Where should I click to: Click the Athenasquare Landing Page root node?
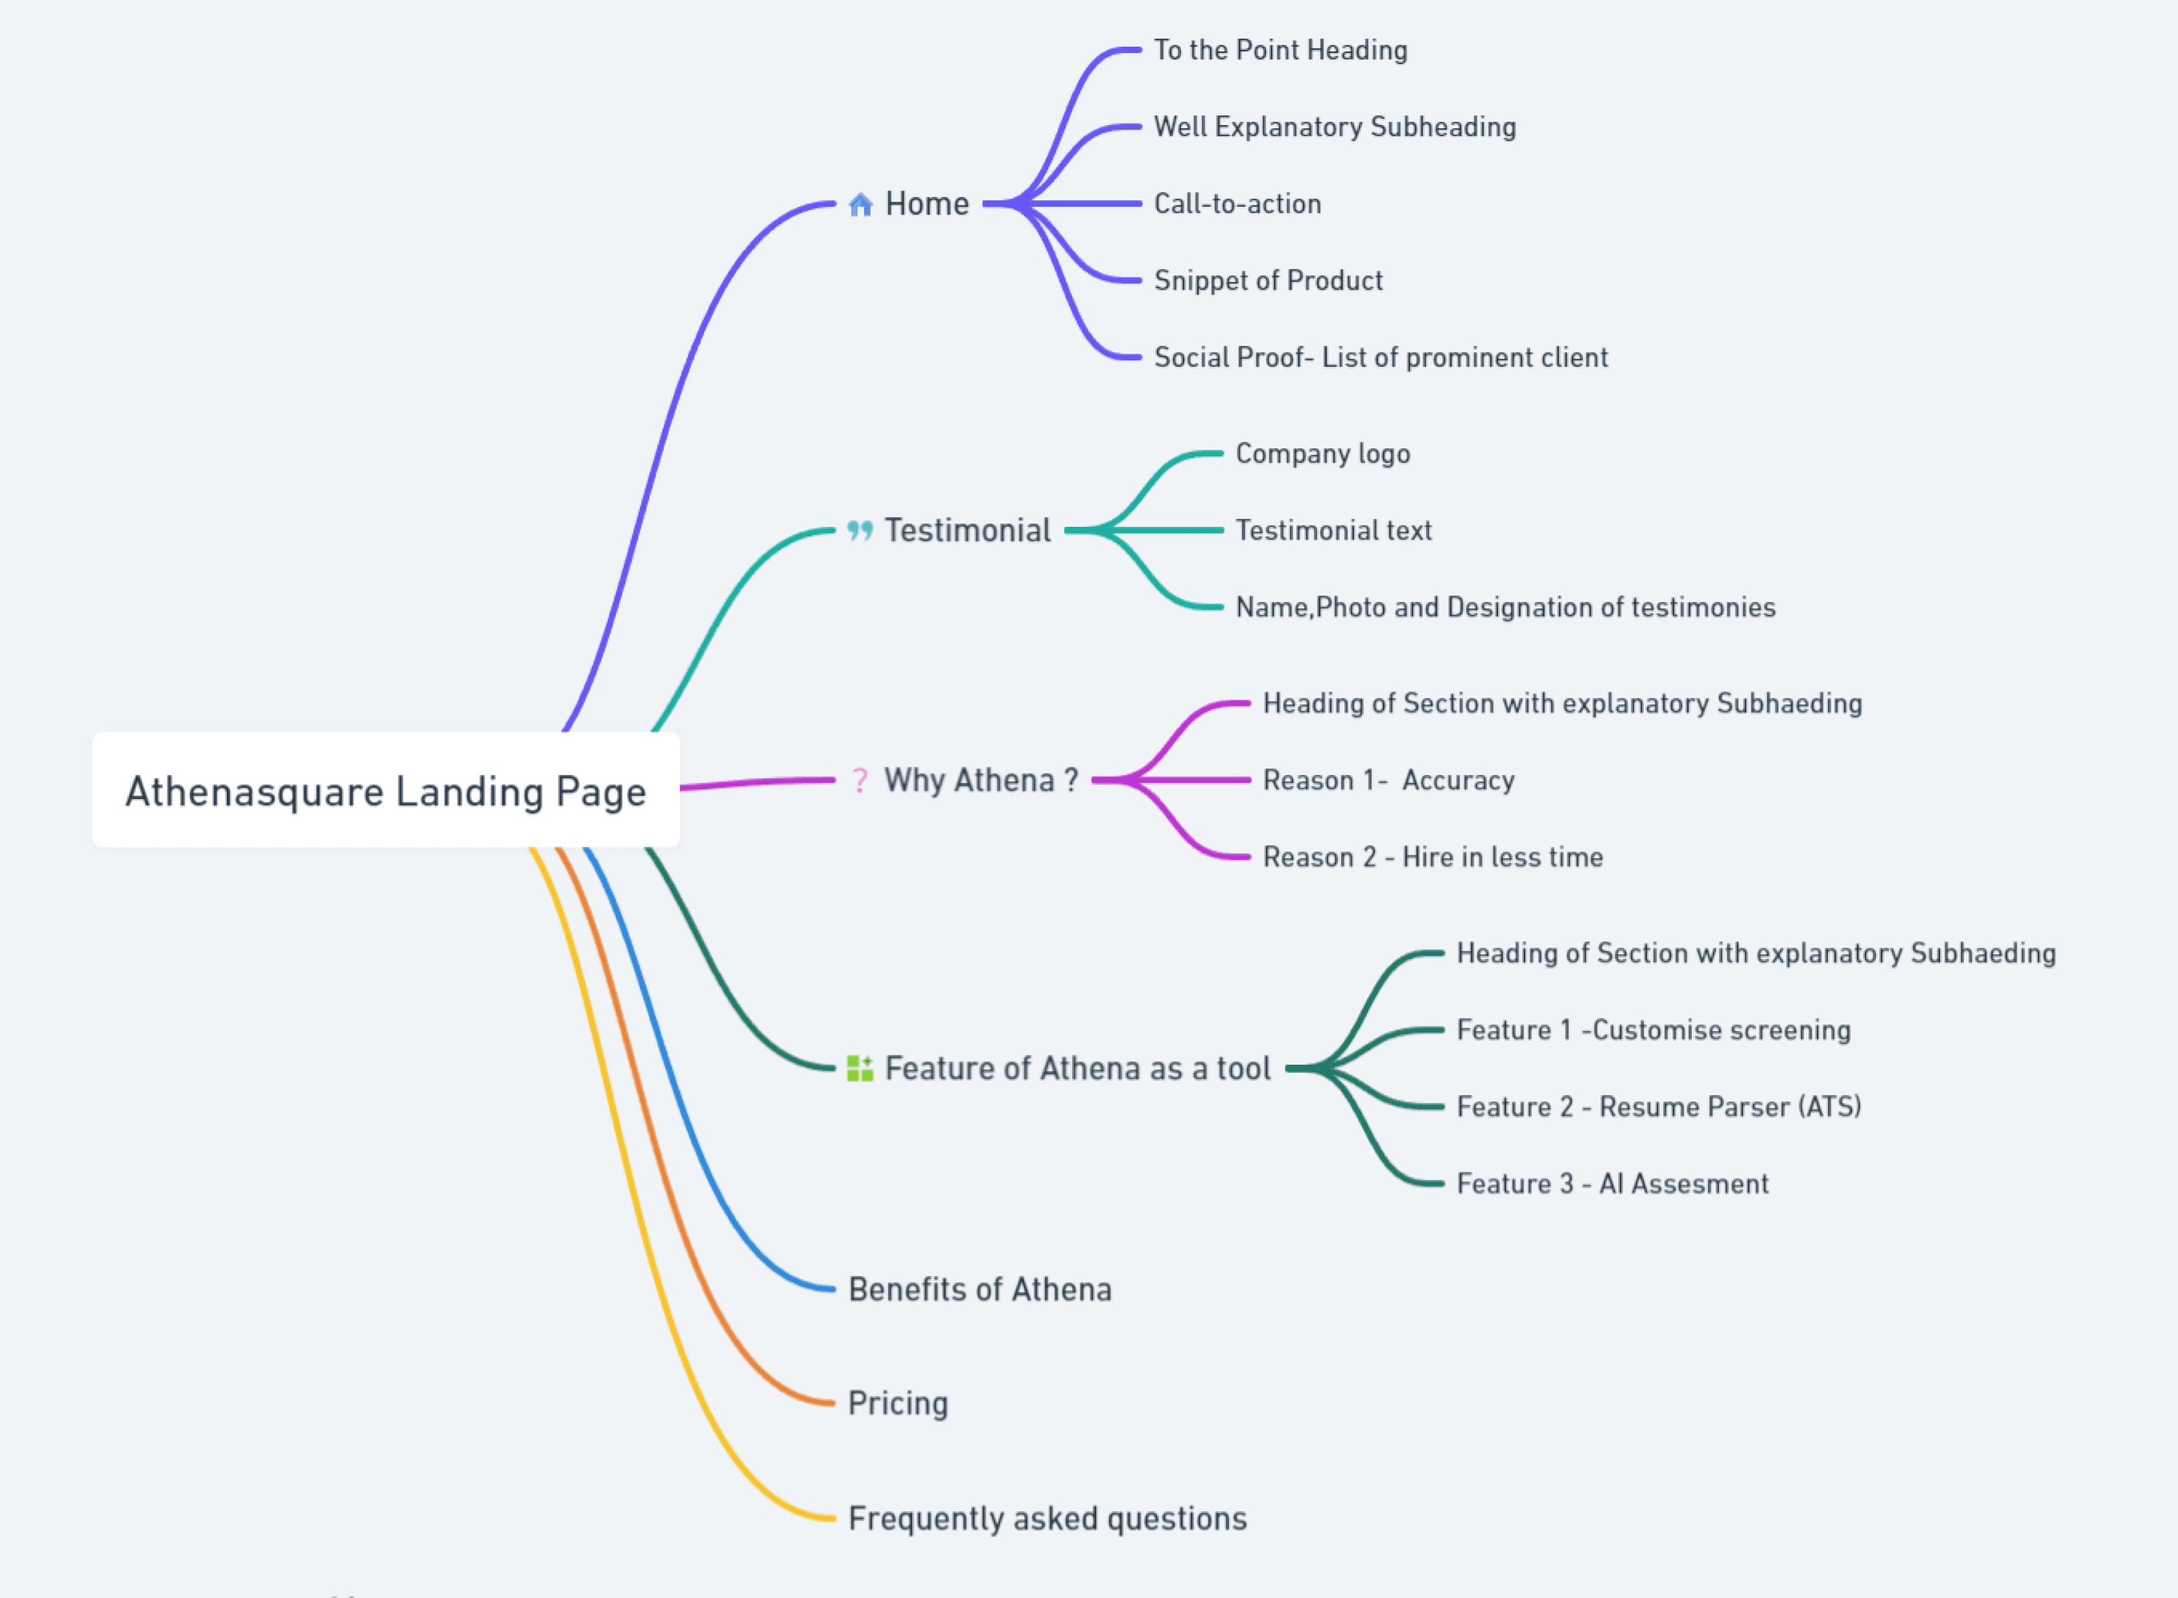(x=385, y=791)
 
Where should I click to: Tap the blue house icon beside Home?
(x=860, y=204)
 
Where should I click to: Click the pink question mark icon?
(x=859, y=780)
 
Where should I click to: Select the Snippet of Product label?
(x=1269, y=281)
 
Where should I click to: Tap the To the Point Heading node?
(x=1280, y=51)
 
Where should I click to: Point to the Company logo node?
(x=1322, y=454)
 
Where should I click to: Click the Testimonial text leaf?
(x=1333, y=530)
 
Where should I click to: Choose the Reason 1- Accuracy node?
(x=1388, y=780)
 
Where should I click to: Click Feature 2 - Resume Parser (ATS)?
(x=1658, y=1107)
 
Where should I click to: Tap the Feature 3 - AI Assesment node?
(x=1612, y=1183)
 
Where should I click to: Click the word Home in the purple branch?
(x=927, y=204)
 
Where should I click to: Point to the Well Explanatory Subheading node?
(x=1334, y=127)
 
